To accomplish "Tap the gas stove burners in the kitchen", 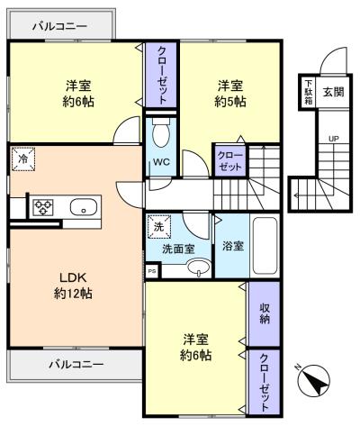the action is click(44, 207).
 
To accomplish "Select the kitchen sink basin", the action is click(84, 207).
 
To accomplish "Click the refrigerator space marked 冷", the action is click(23, 159).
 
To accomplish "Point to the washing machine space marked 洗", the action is click(158, 226).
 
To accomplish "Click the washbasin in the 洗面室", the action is click(198, 267).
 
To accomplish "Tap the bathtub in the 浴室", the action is click(265, 246).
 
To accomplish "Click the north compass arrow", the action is click(314, 379).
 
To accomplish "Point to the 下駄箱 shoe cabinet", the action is click(308, 92).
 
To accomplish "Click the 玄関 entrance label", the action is click(333, 92).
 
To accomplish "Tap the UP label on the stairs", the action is click(333, 139).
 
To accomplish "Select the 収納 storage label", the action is click(265, 313).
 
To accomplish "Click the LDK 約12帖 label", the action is click(73, 286).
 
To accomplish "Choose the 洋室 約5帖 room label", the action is click(230, 94).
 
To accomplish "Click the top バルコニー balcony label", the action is click(59, 26).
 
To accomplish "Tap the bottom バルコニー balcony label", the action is click(76, 365).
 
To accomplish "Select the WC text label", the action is click(161, 162).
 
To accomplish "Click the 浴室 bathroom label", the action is click(233, 246).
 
